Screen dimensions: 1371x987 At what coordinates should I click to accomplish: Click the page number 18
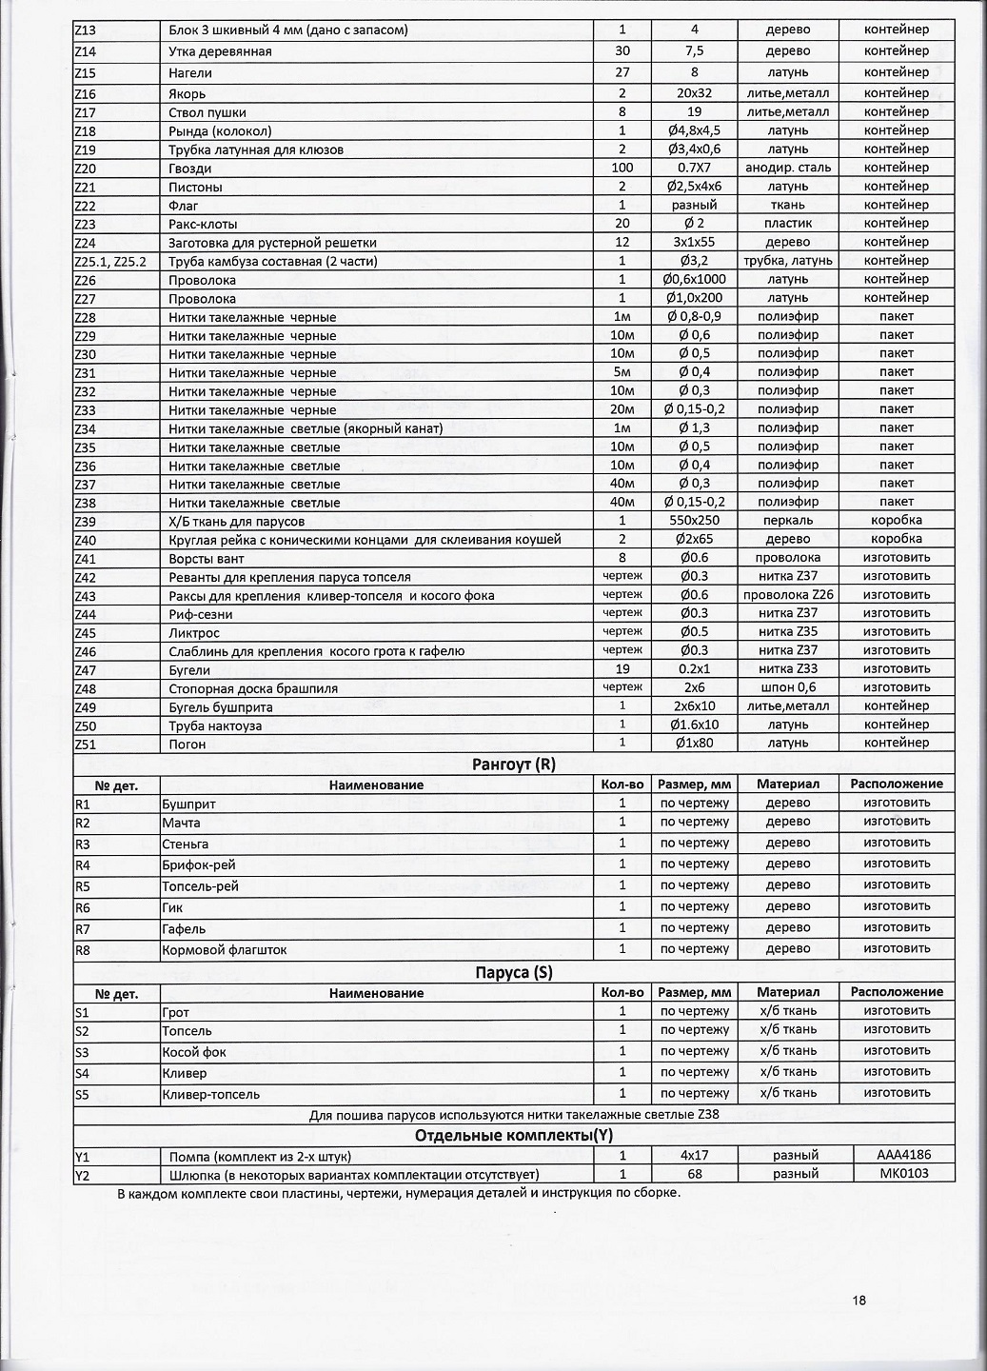coord(859,1301)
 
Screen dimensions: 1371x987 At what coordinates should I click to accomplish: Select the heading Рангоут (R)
coord(513,764)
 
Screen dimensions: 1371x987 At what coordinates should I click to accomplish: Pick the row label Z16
coord(86,94)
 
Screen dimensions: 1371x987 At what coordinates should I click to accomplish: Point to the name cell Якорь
coord(187,94)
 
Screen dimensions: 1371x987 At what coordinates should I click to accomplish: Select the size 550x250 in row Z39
coord(694,521)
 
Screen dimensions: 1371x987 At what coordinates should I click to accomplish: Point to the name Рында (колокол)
coord(220,131)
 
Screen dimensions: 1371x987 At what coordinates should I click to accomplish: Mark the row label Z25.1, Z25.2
coord(109,261)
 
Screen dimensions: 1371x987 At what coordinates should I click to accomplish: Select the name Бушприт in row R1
coord(189,804)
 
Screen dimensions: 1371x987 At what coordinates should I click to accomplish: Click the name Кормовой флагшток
coord(225,949)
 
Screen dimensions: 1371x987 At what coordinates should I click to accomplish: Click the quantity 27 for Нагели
coord(622,72)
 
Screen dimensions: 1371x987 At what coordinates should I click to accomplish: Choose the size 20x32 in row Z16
coord(694,94)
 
